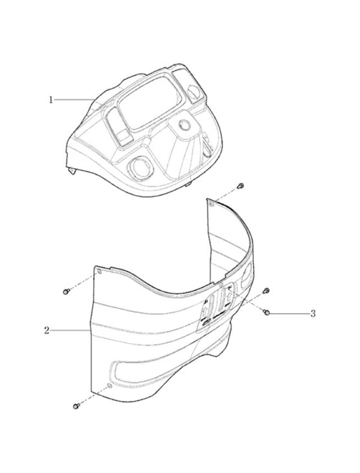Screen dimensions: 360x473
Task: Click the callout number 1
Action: click(x=51, y=100)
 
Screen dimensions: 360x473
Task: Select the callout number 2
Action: click(x=46, y=330)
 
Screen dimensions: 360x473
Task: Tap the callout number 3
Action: click(x=313, y=314)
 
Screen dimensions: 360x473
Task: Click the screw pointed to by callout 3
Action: click(x=266, y=313)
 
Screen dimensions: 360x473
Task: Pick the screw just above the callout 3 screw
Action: click(x=266, y=291)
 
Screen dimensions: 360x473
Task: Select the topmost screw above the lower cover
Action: click(x=241, y=185)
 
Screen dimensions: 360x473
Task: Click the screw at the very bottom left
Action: click(x=76, y=406)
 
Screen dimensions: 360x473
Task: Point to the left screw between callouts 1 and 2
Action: click(x=67, y=291)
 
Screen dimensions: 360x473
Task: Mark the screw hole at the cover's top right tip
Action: click(x=211, y=204)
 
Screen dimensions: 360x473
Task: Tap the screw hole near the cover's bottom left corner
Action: click(x=109, y=386)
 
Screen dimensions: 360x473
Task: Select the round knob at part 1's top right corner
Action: click(x=193, y=91)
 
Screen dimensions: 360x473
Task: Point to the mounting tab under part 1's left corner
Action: click(x=73, y=170)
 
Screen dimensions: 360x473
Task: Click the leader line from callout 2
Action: click(x=70, y=331)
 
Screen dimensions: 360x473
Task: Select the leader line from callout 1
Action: click(x=74, y=100)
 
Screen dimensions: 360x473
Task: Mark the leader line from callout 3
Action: click(x=289, y=314)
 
